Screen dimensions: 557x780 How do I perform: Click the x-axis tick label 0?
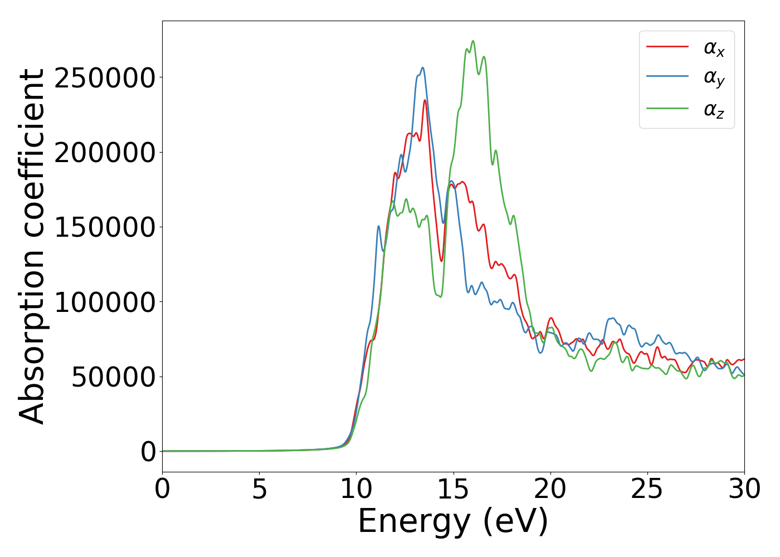162,490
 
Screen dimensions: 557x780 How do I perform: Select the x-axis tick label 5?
259,490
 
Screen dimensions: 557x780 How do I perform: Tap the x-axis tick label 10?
356,490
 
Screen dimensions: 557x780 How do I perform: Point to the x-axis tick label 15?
454,490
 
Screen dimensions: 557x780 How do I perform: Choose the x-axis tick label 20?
550,490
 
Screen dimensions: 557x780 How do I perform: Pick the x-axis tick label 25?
647,490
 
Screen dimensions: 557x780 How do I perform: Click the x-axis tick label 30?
744,490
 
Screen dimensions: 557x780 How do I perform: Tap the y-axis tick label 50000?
113,377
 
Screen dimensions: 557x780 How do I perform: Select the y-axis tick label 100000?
105,302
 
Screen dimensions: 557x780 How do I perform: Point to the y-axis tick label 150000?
105,227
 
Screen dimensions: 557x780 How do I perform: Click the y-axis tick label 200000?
105,153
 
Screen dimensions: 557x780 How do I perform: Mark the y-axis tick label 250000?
105,78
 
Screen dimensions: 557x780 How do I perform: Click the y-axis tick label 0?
148,452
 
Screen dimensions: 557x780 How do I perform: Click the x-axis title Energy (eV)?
453,522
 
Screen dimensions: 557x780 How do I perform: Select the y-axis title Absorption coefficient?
32,247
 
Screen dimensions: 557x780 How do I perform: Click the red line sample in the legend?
667,47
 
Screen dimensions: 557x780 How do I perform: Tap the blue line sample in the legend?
667,77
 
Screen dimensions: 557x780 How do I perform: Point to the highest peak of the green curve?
473,41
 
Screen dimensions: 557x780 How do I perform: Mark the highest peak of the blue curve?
423,68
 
